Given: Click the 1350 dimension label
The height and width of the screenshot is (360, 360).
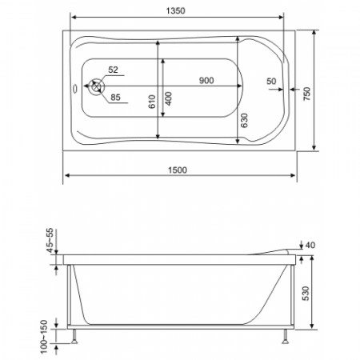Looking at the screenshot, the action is [x=175, y=10].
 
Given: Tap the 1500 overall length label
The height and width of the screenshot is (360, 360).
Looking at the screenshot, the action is [x=178, y=170].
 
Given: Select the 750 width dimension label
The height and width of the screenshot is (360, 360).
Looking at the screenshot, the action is [x=307, y=94].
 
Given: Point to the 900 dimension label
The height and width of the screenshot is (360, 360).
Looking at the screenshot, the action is [x=206, y=80].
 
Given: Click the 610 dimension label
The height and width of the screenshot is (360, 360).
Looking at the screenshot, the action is [x=152, y=102].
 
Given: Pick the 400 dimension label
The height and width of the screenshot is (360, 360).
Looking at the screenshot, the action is [x=168, y=98].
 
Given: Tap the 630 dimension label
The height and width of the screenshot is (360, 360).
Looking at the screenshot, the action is [x=244, y=121].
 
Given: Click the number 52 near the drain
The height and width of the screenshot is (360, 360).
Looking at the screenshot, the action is [x=113, y=70].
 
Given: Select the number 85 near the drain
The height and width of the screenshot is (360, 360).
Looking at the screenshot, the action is [x=115, y=98].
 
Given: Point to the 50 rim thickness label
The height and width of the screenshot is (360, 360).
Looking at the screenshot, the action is [x=271, y=81].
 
